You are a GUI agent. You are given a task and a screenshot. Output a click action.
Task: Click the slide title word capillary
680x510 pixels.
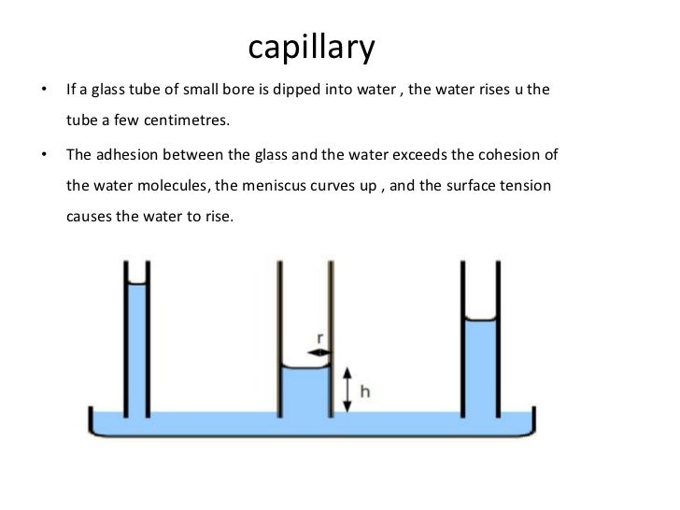[311, 48]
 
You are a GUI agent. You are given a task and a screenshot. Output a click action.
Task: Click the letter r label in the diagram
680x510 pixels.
[320, 337]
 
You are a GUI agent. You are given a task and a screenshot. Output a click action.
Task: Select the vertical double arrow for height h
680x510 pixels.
[347, 390]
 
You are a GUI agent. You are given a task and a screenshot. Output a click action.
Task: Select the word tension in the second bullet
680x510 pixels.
[526, 186]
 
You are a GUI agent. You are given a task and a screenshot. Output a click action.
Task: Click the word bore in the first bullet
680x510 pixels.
[244, 91]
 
